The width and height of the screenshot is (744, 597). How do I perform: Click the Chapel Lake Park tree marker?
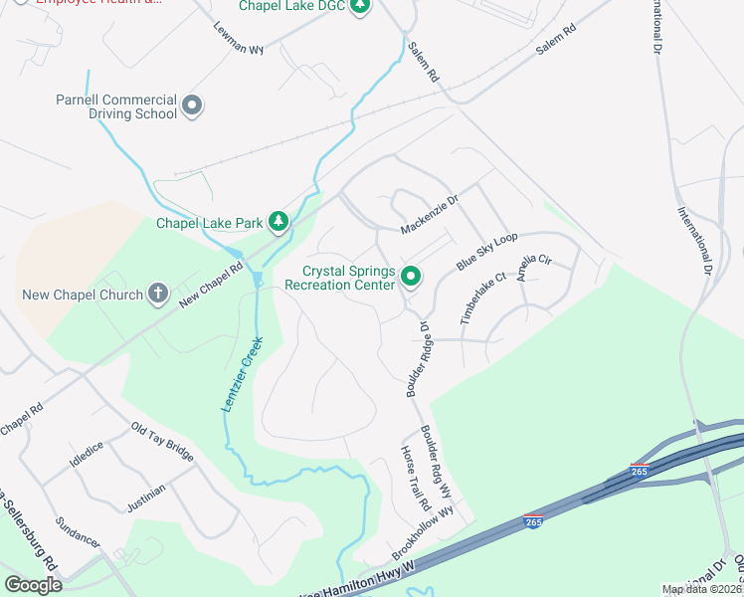(279, 220)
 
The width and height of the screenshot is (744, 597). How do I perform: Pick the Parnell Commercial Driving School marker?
(193, 104)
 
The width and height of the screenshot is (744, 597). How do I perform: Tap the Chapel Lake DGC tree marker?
(360, 7)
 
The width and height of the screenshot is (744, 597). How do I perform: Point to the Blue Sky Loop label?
(487, 251)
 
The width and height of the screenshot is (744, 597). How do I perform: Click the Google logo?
(33, 584)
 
